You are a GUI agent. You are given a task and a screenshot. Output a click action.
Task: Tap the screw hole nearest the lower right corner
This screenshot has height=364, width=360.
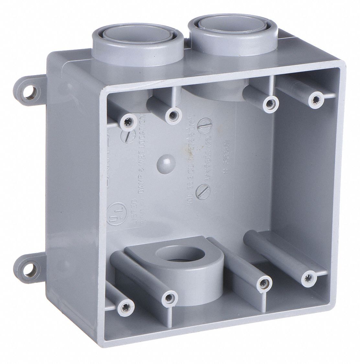click(x=307, y=278)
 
